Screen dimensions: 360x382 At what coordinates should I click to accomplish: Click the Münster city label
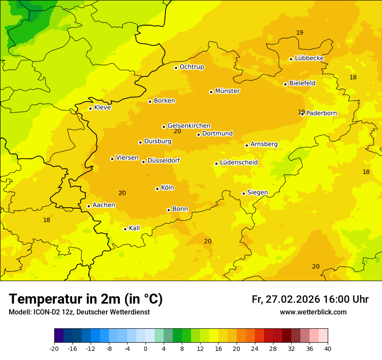pyautogui.click(x=227, y=91)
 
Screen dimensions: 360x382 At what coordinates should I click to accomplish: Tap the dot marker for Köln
pyautogui.click(x=157, y=189)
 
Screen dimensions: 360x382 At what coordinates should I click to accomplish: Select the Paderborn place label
pyautogui.click(x=321, y=113)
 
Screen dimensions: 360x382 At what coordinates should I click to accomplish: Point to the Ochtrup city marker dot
pyautogui.click(x=176, y=68)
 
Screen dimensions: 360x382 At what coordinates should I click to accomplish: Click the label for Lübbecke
pyautogui.click(x=309, y=58)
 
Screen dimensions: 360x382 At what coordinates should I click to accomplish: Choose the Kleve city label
pyautogui.click(x=102, y=108)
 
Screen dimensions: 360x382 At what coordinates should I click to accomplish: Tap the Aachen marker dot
pyautogui.click(x=89, y=206)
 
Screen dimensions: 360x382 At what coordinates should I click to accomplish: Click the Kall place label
pyautogui.click(x=134, y=228)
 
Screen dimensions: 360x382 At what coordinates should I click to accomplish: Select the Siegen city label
pyautogui.click(x=257, y=193)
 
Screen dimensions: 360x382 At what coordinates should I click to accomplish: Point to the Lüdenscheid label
pyautogui.click(x=239, y=163)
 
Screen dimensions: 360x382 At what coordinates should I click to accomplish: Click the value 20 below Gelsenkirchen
pyautogui.click(x=177, y=131)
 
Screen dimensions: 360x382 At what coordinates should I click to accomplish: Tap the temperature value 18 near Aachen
pyautogui.click(x=46, y=220)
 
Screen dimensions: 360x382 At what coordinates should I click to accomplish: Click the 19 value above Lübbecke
pyautogui.click(x=300, y=33)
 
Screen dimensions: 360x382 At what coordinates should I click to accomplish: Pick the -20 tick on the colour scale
pyautogui.click(x=54, y=348)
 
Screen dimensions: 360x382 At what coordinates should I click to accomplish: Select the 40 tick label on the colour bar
pyautogui.click(x=328, y=348)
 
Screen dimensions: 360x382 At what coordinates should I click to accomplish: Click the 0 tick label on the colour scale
pyautogui.click(x=145, y=348)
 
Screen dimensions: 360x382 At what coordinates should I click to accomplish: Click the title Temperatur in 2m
pyautogui.click(x=86, y=299)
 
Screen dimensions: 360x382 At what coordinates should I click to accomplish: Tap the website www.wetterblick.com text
pyautogui.click(x=313, y=312)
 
